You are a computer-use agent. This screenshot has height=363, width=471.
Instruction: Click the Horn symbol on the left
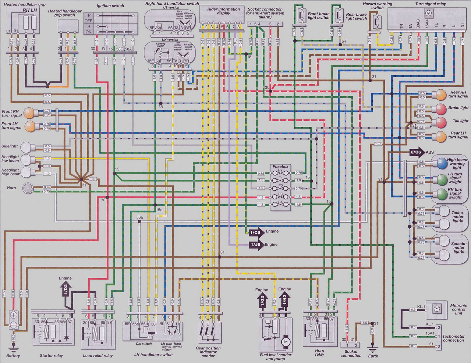[x=27, y=188]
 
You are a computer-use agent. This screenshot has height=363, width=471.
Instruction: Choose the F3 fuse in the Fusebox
[x=280, y=195]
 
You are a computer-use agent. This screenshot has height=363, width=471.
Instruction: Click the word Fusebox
[x=280, y=166]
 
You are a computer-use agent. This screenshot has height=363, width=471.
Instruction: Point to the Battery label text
[x=13, y=356]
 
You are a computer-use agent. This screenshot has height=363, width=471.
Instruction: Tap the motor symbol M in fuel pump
[x=285, y=342]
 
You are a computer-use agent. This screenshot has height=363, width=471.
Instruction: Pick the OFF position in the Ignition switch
[x=89, y=21]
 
